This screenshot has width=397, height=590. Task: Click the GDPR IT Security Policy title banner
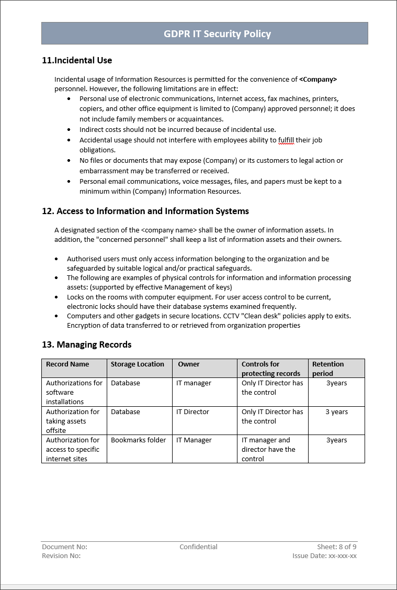coord(205,34)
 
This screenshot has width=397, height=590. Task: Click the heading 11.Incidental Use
coord(77,60)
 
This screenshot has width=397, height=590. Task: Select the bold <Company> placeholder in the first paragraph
coord(318,80)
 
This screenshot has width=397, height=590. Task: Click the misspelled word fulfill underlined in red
coord(286,140)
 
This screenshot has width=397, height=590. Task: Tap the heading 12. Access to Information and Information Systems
coord(145,211)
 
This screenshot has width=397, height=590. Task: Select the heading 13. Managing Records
coord(87,344)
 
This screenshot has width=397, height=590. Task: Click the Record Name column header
coord(67,364)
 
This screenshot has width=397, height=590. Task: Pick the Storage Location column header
coord(138,364)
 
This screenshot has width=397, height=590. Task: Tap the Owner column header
coord(189,364)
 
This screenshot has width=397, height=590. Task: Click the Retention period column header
coord(328,369)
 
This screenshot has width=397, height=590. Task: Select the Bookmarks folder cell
coord(138,440)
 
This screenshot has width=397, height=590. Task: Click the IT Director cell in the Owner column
coord(192,412)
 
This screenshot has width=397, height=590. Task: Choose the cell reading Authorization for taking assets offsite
coord(73,421)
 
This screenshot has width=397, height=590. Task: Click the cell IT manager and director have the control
coord(268,449)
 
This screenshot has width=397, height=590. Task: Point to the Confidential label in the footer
coord(198,547)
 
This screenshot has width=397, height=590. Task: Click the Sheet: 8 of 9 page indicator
coord(336,547)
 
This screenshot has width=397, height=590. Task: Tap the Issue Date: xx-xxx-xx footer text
coord(324,556)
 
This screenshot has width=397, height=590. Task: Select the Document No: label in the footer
coord(64,547)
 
